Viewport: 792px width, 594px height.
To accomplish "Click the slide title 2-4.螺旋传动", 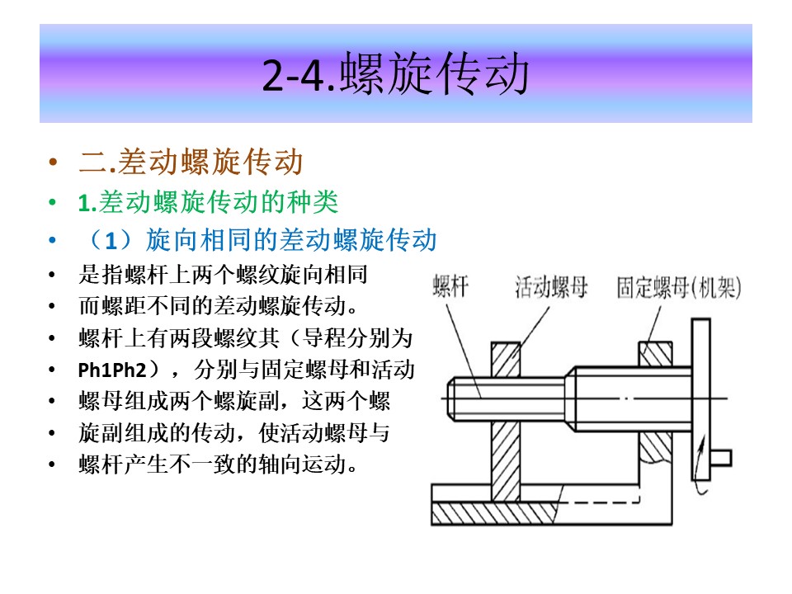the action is pyautogui.click(x=395, y=74).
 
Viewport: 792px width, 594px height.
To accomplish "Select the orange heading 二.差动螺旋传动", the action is pyautogui.click(x=191, y=162).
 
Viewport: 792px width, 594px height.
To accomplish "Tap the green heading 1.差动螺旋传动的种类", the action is pyautogui.click(x=208, y=202).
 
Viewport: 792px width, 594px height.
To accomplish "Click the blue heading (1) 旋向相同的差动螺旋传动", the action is pyautogui.click(x=262, y=239).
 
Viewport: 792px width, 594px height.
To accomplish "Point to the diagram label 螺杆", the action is pyautogui.click(x=450, y=286).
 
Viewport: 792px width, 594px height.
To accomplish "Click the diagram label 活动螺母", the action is pyautogui.click(x=551, y=287).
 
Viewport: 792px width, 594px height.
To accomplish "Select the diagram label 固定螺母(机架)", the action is pyautogui.click(x=679, y=287).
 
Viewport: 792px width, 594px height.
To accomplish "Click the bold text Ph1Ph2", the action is pyautogui.click(x=111, y=370).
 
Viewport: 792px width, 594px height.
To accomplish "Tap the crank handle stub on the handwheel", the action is pyautogui.click(x=721, y=458).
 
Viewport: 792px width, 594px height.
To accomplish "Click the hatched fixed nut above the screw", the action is pyautogui.click(x=656, y=354).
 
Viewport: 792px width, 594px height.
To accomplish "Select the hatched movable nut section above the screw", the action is pyautogui.click(x=506, y=360).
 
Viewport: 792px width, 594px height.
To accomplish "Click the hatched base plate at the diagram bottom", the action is pyautogui.click(x=493, y=514).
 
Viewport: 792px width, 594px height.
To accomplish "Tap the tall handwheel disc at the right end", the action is pyautogui.click(x=700, y=399).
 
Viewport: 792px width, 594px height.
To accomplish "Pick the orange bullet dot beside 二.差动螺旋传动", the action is pyautogui.click(x=53, y=163).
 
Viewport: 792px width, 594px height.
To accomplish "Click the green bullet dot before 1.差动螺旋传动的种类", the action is pyautogui.click(x=53, y=203).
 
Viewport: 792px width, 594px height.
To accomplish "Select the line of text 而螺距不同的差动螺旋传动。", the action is pyautogui.click(x=219, y=306).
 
